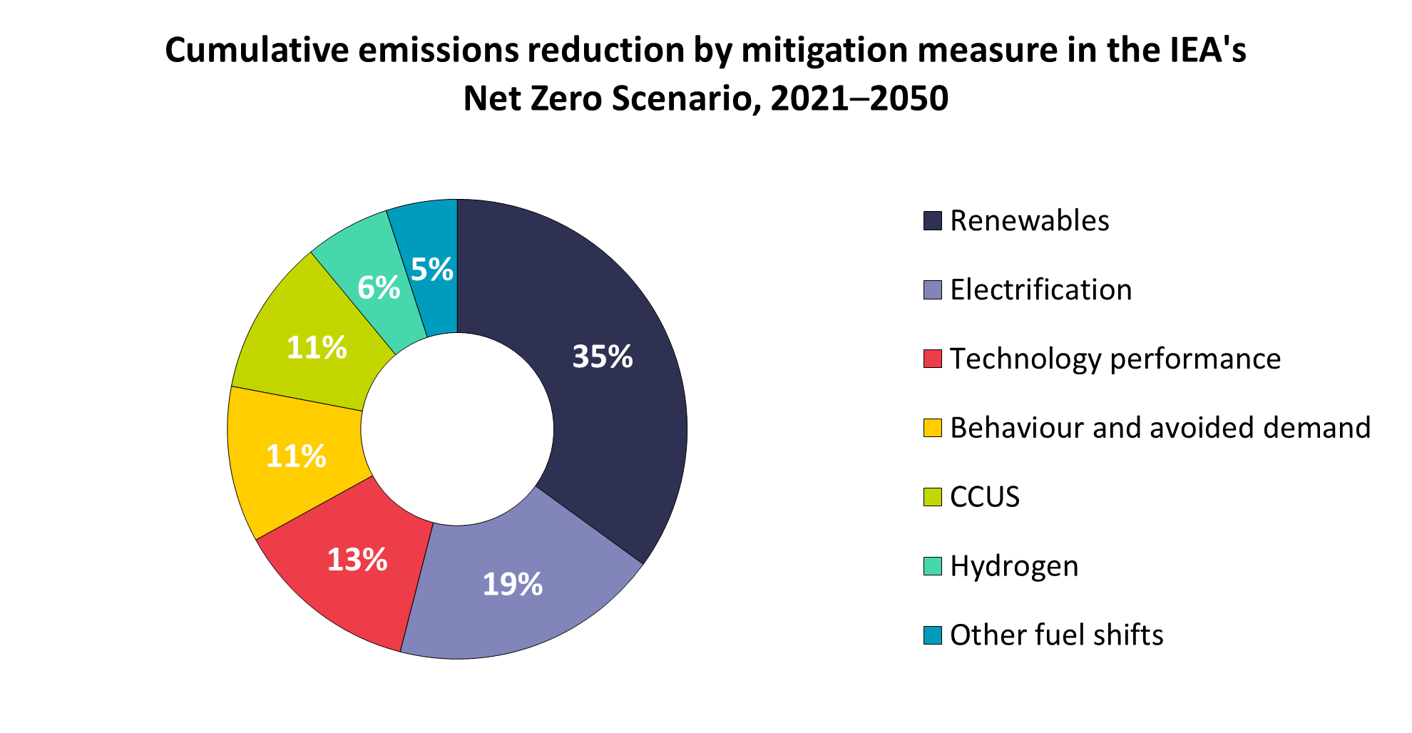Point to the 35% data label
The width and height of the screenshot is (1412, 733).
603,357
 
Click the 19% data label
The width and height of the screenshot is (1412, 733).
513,585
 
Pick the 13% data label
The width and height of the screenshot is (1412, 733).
357,560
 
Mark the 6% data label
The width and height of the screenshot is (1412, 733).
379,287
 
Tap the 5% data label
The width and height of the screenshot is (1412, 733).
432,270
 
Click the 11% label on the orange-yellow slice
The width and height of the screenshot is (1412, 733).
296,456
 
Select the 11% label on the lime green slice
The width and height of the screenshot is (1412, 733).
317,348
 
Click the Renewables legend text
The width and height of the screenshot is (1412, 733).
1029,221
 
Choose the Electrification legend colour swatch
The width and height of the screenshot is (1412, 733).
932,290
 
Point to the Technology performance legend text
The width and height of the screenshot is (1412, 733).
1115,359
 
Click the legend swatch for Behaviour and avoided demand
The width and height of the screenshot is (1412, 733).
932,428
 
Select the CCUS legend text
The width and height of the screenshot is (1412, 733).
985,497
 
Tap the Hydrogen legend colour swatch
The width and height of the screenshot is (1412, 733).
932,566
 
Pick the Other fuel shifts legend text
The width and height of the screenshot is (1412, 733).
1056,635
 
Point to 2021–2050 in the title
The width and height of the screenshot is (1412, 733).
859,98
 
